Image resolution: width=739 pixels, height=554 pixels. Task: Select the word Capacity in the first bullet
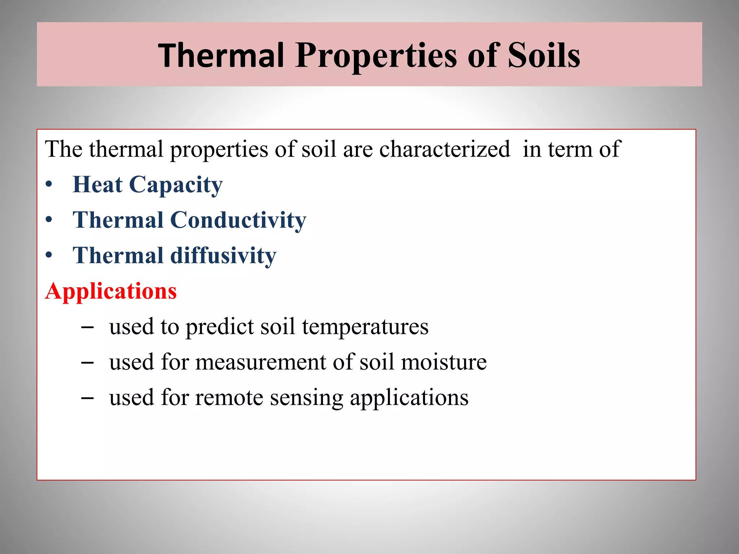point(176,185)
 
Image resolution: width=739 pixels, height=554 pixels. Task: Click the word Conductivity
point(238,220)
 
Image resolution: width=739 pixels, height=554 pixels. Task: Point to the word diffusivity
point(223,255)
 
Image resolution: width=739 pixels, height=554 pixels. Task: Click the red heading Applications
point(111,291)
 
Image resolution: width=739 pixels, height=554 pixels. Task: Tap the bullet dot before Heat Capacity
point(49,185)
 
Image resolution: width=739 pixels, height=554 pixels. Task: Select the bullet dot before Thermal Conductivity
point(49,220)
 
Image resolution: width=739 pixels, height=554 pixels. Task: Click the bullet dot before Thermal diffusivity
point(49,255)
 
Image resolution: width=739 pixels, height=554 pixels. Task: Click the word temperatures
point(365,327)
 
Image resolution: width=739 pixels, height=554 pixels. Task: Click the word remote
point(229,397)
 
